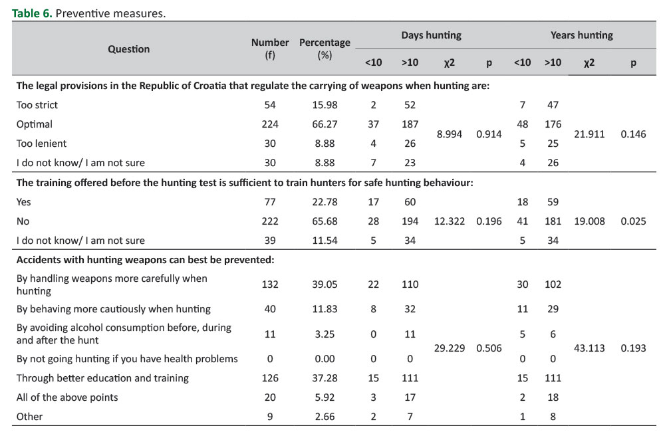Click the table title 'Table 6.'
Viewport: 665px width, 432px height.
coord(32,13)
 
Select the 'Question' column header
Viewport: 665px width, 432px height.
coord(129,49)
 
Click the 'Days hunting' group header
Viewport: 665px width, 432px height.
coord(431,35)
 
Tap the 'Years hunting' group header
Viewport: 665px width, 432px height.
coord(581,35)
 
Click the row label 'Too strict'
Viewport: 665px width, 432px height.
coord(37,104)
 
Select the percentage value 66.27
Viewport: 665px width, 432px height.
coord(325,124)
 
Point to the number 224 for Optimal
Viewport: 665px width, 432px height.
coord(270,124)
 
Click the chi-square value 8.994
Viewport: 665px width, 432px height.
coord(450,134)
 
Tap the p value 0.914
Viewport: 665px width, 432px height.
coord(489,134)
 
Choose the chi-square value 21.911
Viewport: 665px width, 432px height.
coord(589,134)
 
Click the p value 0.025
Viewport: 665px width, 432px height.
coord(633,221)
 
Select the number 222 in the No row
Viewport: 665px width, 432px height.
coord(270,221)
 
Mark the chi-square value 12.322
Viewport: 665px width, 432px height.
coord(450,221)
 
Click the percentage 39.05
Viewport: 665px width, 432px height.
coord(325,284)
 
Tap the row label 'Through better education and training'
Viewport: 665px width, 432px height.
coord(102,378)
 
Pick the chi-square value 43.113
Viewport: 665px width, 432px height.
coord(589,348)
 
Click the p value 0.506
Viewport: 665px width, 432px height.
coord(489,348)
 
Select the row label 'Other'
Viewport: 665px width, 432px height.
coord(29,417)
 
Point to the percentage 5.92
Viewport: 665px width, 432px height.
coord(325,397)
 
